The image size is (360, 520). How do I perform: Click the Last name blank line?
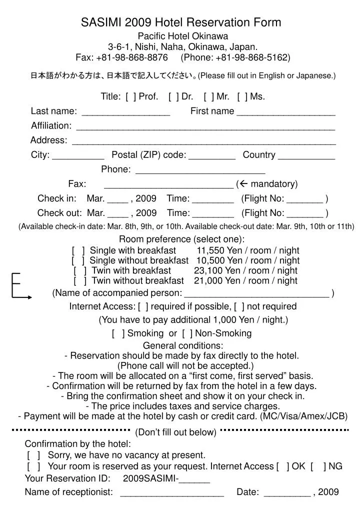[x=125, y=112]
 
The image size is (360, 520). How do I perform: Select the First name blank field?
[x=285, y=112]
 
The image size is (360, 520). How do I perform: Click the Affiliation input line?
[x=205, y=126]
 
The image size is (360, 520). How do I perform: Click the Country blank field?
[x=306, y=156]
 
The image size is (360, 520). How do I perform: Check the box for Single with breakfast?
[x=78, y=250]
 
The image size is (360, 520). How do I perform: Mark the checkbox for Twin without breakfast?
[x=80, y=280]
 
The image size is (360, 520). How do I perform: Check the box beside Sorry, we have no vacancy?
[x=34, y=455]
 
